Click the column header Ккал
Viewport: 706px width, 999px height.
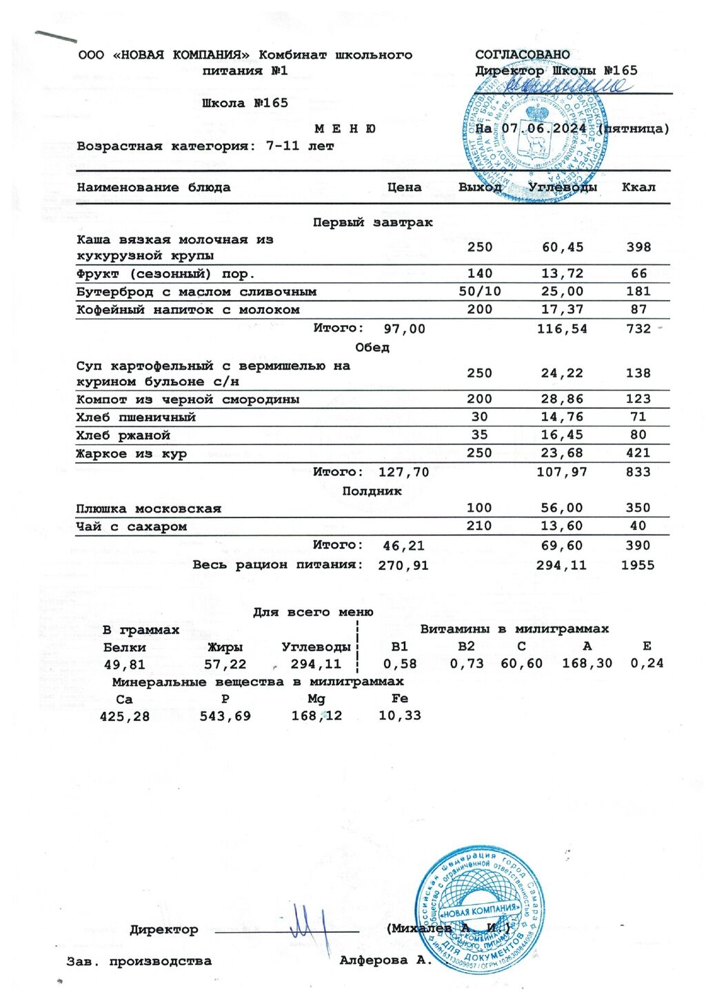click(x=638, y=187)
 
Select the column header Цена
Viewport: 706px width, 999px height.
click(x=404, y=187)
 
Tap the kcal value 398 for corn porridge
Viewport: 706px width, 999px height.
click(x=638, y=247)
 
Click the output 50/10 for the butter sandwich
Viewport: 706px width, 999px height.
click(x=480, y=292)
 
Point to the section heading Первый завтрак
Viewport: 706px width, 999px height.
click(x=372, y=223)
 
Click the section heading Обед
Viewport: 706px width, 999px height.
click(x=372, y=347)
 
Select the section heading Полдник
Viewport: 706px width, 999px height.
click(x=372, y=491)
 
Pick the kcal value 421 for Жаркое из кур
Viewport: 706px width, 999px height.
click(x=638, y=453)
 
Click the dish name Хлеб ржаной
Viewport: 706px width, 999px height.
click(x=123, y=435)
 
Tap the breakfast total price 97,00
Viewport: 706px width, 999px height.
click(x=404, y=329)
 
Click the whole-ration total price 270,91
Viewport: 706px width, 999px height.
click(x=403, y=566)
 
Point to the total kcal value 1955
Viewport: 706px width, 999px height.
click(x=638, y=566)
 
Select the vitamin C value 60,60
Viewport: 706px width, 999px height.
click(x=521, y=664)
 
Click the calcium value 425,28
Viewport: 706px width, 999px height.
click(x=125, y=717)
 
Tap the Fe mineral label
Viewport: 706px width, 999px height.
click(x=400, y=698)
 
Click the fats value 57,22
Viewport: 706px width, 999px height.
click(x=225, y=664)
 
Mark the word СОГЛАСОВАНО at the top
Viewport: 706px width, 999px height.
click(x=523, y=55)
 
